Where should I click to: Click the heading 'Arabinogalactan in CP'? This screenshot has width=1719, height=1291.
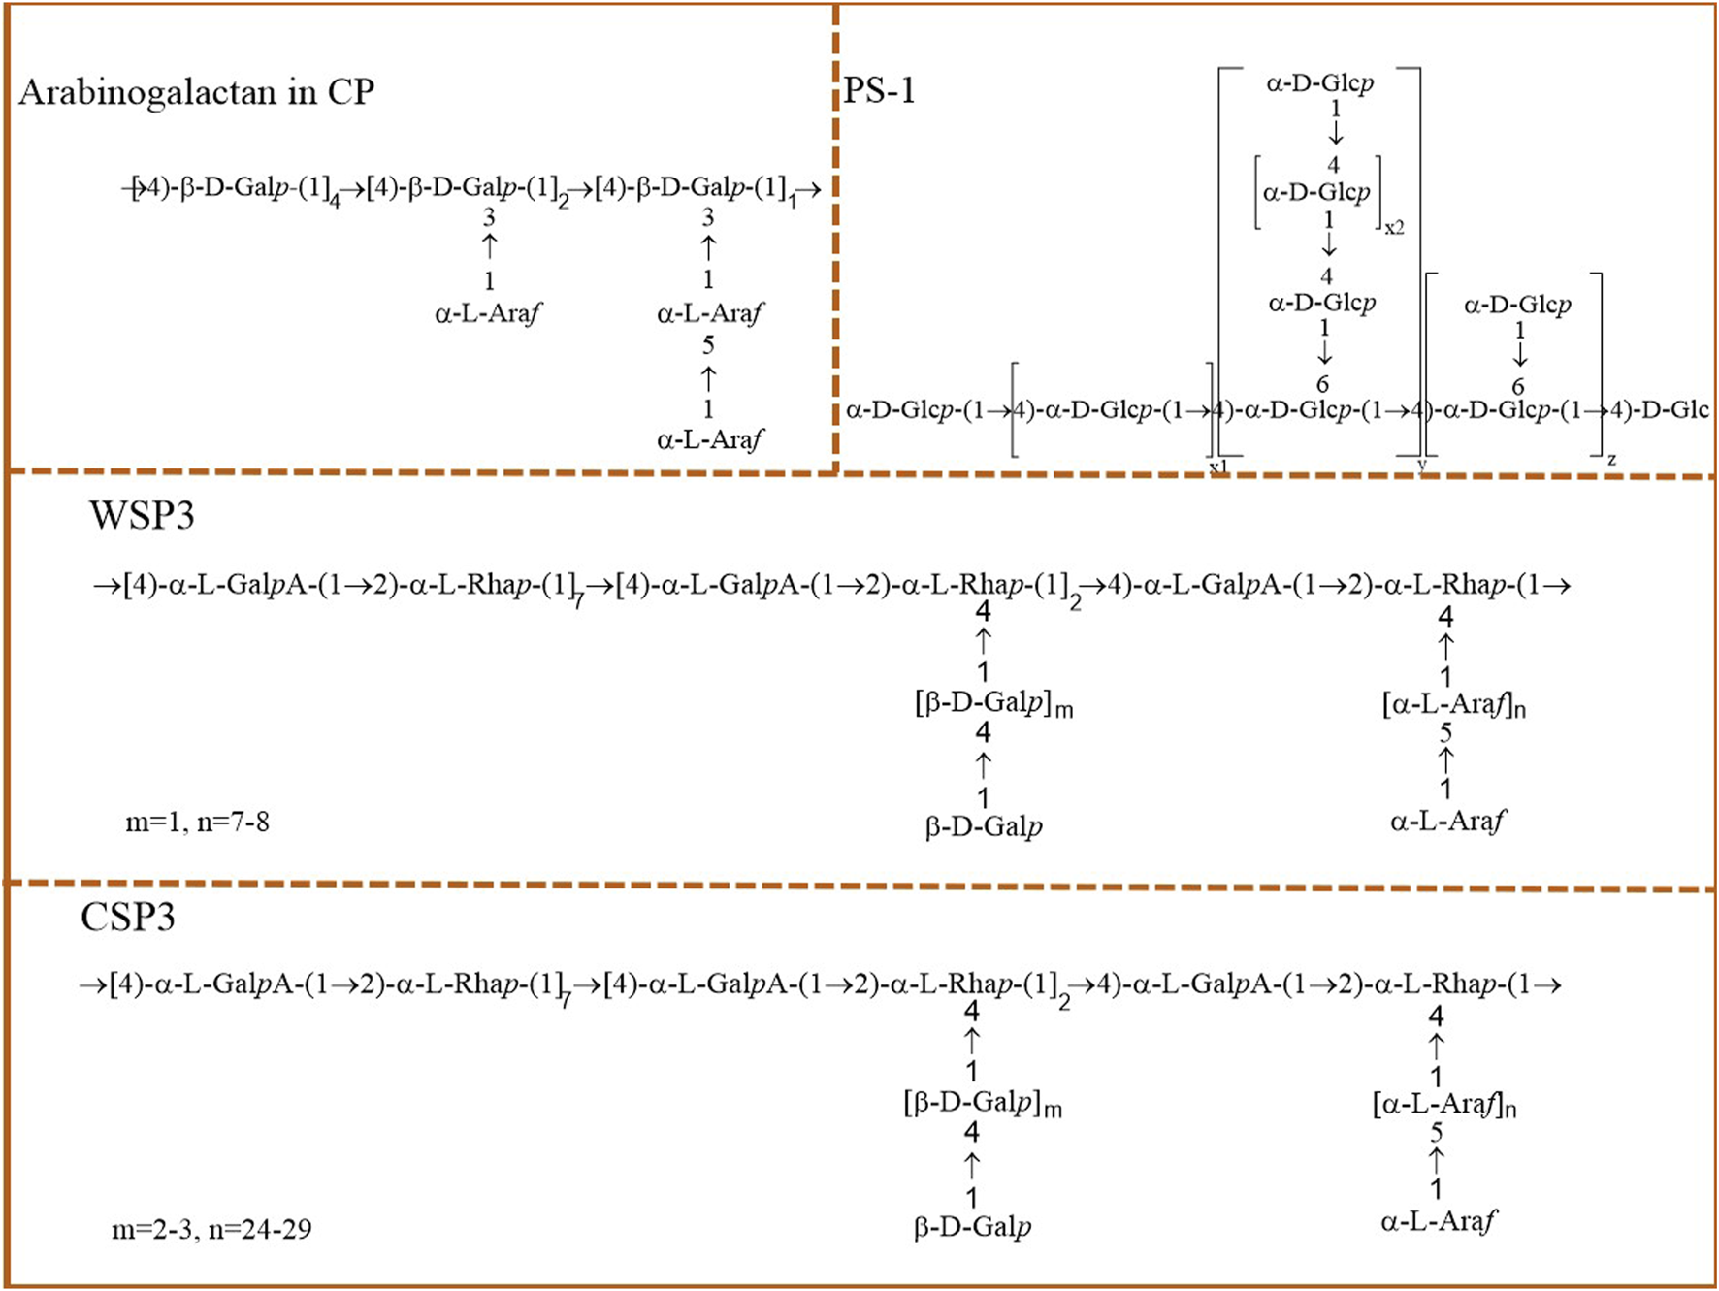[196, 92]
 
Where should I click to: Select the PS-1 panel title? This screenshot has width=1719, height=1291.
[879, 90]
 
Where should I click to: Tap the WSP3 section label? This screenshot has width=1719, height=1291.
[142, 515]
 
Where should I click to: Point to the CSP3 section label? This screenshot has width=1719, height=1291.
[128, 917]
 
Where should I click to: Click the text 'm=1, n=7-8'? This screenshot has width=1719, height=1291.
[197, 823]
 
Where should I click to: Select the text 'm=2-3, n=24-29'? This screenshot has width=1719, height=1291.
[211, 1230]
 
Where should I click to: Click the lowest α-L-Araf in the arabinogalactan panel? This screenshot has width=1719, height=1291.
[709, 440]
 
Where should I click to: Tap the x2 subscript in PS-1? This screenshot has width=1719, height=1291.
[1394, 228]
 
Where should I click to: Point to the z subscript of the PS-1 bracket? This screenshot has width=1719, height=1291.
[1611, 459]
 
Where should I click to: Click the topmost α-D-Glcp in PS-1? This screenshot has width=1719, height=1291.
[1319, 83]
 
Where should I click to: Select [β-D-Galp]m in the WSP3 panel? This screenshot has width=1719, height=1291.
[992, 704]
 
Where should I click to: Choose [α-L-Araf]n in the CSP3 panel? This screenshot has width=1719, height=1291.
[1443, 1104]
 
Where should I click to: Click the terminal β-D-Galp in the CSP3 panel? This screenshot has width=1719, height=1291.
[972, 1228]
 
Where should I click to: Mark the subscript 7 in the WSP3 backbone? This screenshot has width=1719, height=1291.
[579, 602]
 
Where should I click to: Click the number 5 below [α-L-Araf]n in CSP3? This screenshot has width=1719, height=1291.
[1437, 1132]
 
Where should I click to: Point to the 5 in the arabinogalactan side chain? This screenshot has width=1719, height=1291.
[708, 345]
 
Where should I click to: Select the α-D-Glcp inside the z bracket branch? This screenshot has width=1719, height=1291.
[1517, 305]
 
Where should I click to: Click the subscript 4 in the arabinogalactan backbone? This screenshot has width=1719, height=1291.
[335, 202]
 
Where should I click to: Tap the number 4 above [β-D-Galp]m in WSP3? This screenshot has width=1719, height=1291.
[983, 612]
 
